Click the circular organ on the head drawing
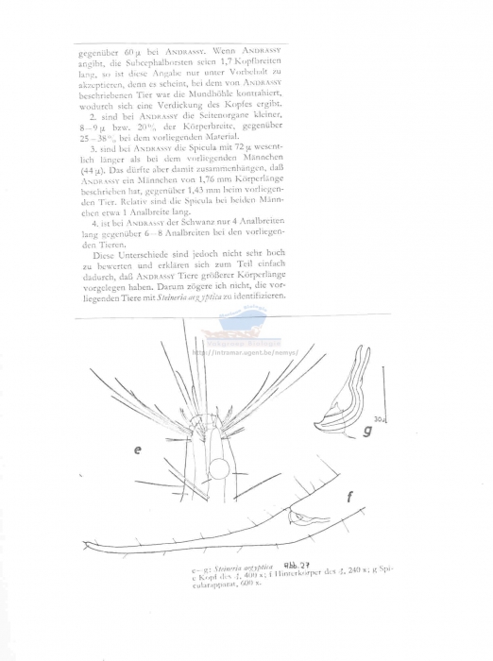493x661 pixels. pos(219,469)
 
